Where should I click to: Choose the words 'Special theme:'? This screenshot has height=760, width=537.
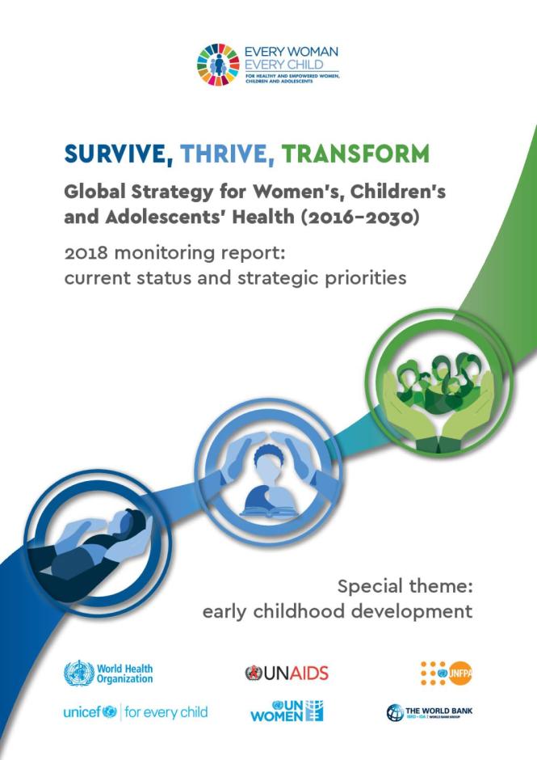404,585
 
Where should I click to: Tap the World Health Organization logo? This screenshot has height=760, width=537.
108,673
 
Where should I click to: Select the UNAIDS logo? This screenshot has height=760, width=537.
287,673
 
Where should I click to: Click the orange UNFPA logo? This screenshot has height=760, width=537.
446,672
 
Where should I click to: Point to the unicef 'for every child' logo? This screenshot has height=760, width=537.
135,712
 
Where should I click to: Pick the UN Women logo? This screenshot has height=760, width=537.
287,711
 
